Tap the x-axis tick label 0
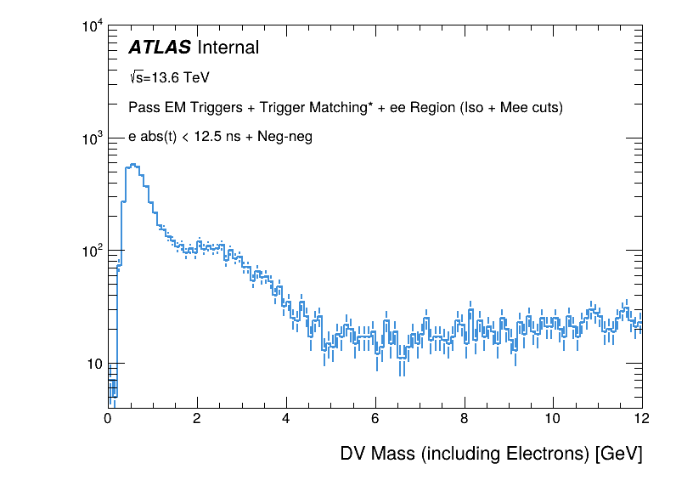coord(108,418)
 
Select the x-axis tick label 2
coord(197,418)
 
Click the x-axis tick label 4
coord(286,418)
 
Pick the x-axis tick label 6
coord(375,418)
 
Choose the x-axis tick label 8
coord(464,418)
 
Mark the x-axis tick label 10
coord(553,418)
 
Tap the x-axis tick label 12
coord(641,418)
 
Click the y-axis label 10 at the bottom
coord(93,364)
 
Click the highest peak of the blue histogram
coord(136,165)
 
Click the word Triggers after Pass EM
coord(209,108)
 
